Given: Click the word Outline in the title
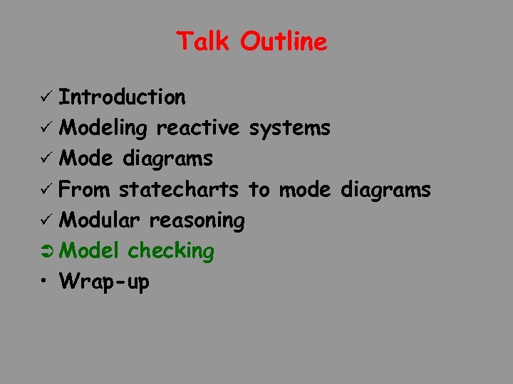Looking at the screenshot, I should [x=284, y=41].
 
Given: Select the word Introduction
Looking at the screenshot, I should [x=122, y=97].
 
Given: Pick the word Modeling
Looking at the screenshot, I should [x=103, y=129].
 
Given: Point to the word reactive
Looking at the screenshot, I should [x=198, y=128].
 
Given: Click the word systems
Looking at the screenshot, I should [x=289, y=128].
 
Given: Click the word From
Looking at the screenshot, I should [x=85, y=189].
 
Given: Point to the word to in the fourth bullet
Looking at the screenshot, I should [x=259, y=189].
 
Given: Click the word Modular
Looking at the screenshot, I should [x=100, y=220].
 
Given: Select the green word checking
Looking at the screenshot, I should [x=171, y=251].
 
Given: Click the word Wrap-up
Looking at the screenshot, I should [x=105, y=282].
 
